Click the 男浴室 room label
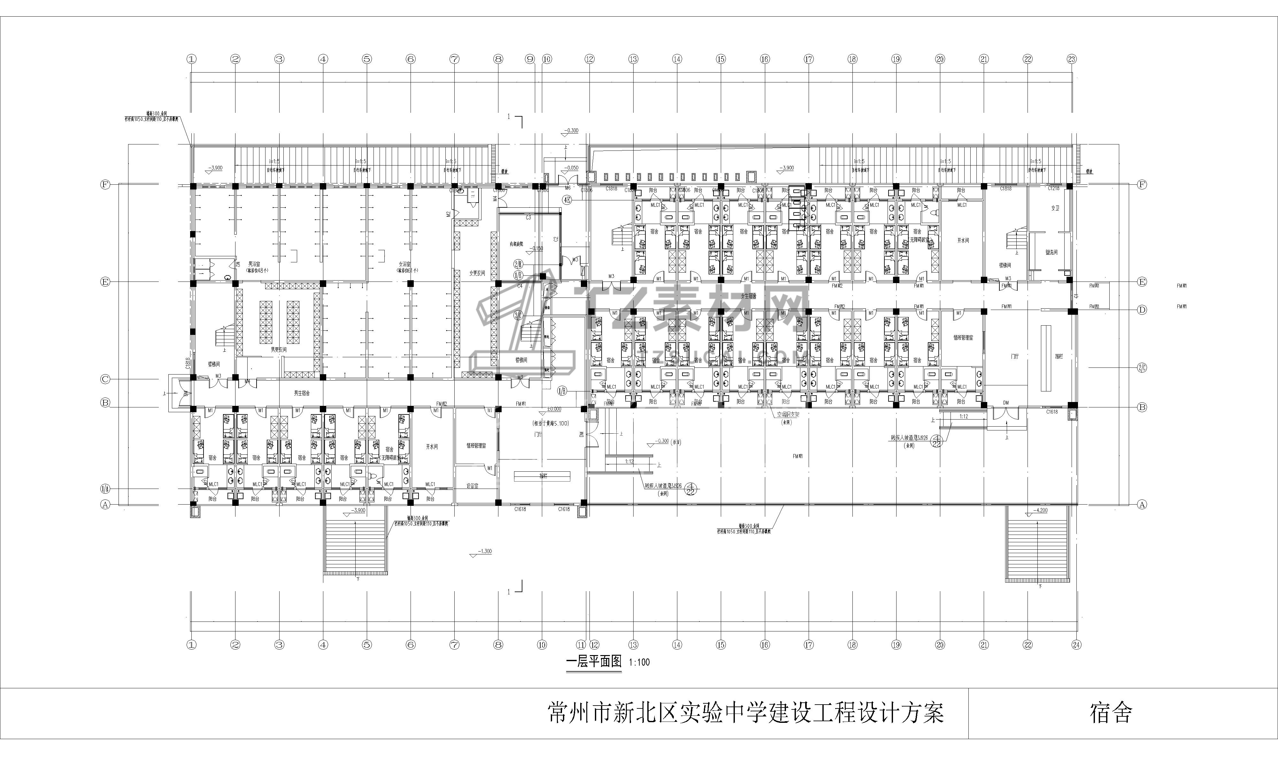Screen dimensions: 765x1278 pos(254,264)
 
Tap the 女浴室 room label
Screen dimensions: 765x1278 pos(404,264)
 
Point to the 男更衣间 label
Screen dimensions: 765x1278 pos(279,350)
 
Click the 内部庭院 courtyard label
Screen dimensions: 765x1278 pos(516,243)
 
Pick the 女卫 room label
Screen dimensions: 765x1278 pos(1055,208)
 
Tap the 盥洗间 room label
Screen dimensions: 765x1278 pos(1051,252)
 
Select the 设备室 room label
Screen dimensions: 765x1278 pos(472,486)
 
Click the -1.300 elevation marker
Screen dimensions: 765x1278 pos(484,552)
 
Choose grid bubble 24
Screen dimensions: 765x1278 pos(1076,645)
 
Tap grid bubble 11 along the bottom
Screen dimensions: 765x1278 pos(581,645)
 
